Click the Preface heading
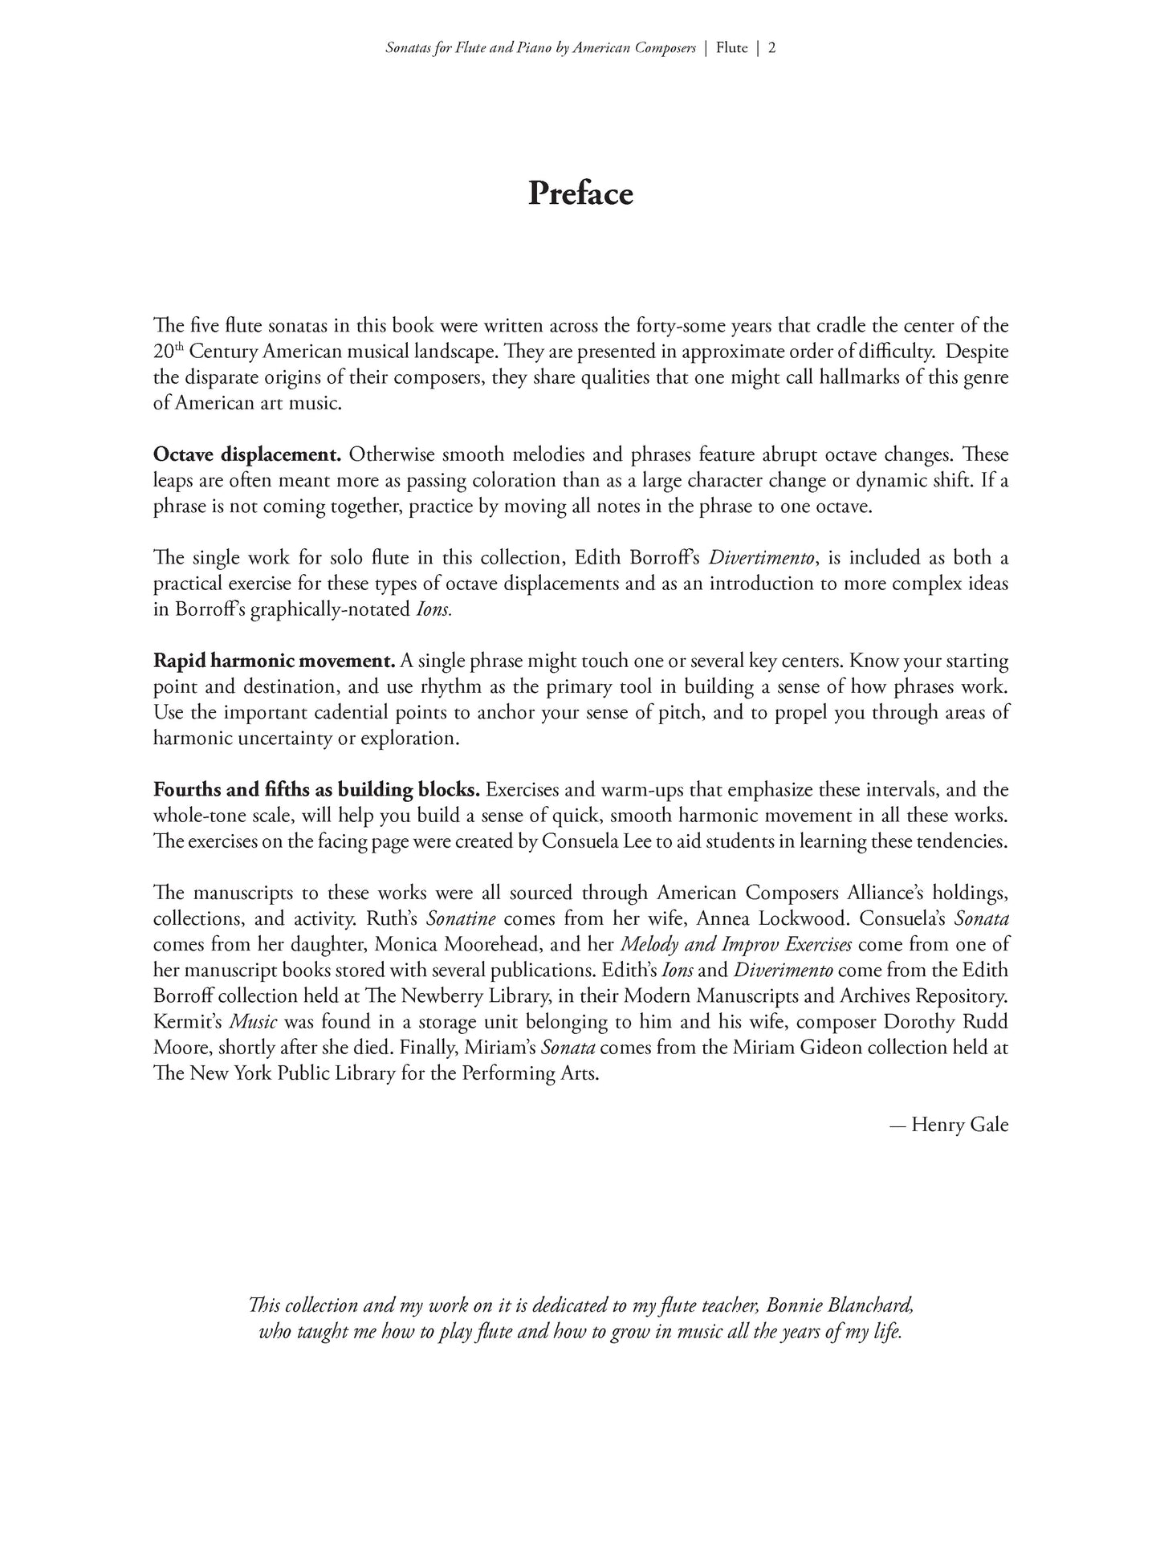tap(580, 194)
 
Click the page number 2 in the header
tap(771, 48)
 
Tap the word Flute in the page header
tap(731, 48)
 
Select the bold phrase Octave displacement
tap(246, 455)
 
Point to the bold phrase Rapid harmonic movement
tap(274, 662)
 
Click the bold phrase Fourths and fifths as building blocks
tap(316, 790)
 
